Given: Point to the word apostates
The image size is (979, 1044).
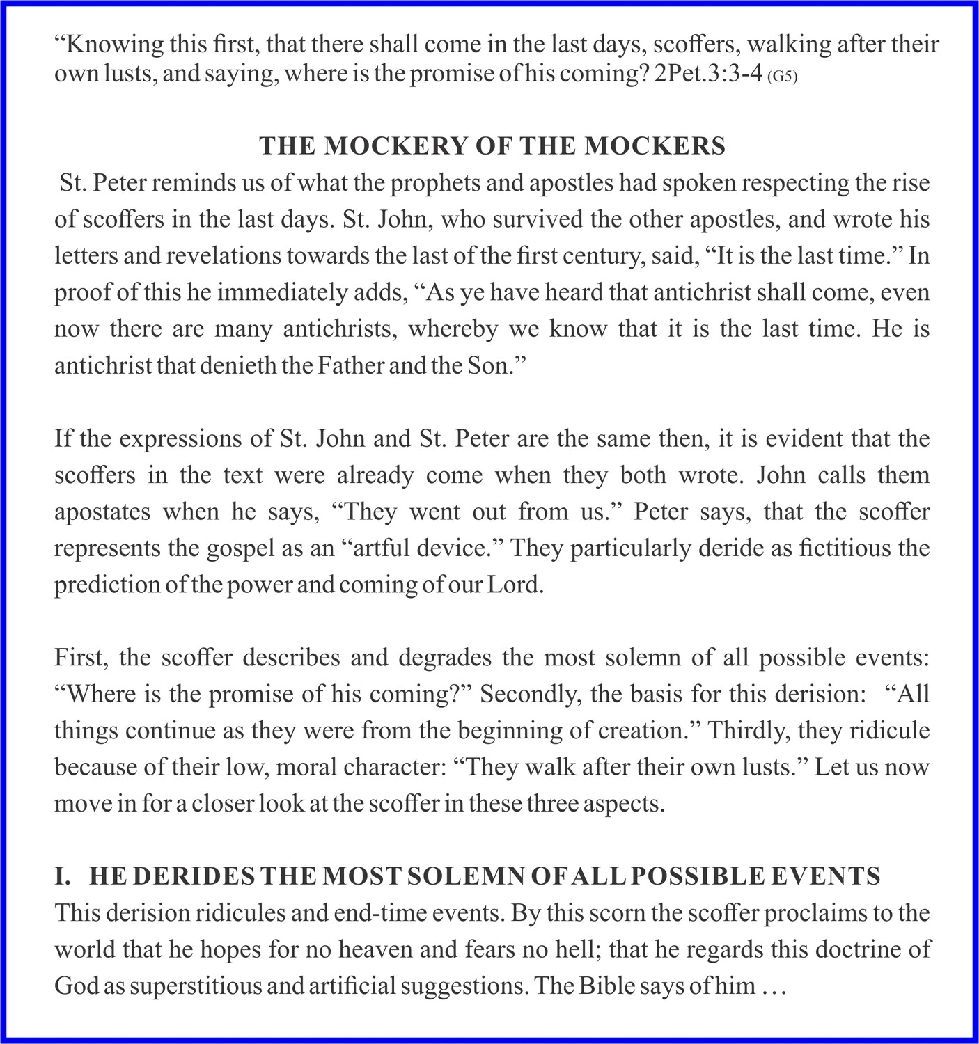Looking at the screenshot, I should (x=102, y=512).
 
